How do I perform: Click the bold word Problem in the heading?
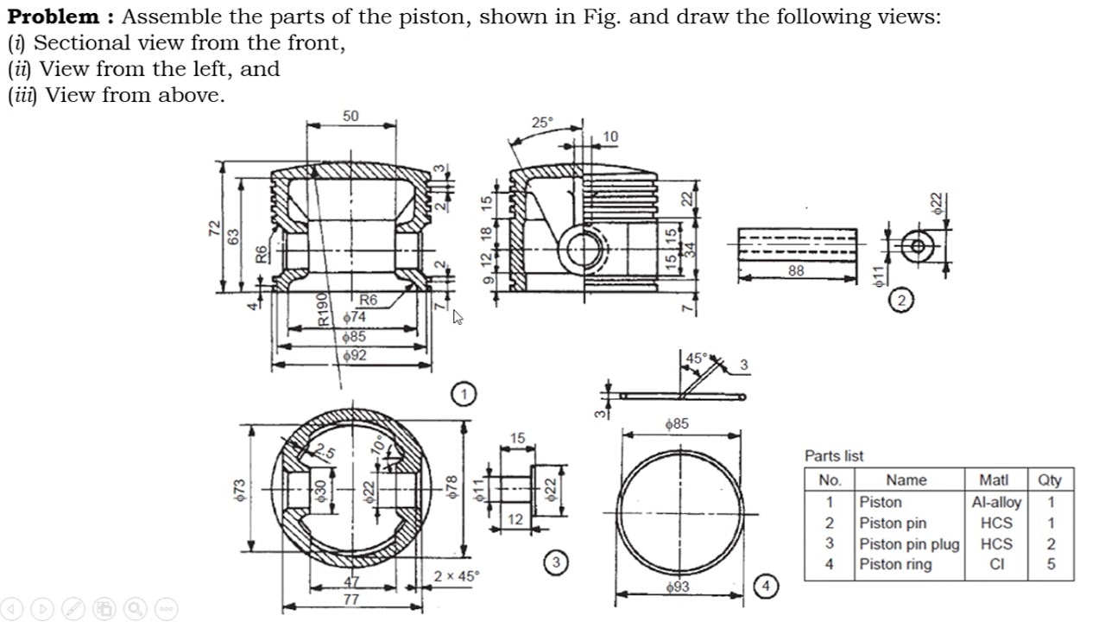click(54, 16)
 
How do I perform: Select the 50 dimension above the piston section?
click(350, 117)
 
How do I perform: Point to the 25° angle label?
click(541, 123)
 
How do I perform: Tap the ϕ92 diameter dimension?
click(354, 355)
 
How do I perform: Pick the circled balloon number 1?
click(464, 394)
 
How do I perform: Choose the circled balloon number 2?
click(901, 301)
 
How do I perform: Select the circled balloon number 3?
click(556, 562)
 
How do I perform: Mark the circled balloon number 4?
click(766, 587)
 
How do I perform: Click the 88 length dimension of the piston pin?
click(796, 270)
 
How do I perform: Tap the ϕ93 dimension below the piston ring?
click(679, 587)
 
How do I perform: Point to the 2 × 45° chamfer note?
click(458, 576)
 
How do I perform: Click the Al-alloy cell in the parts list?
click(995, 502)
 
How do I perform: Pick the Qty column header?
click(1050, 480)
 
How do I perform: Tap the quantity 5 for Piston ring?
click(1051, 565)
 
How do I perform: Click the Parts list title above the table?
click(833, 456)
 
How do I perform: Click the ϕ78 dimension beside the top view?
click(451, 488)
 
